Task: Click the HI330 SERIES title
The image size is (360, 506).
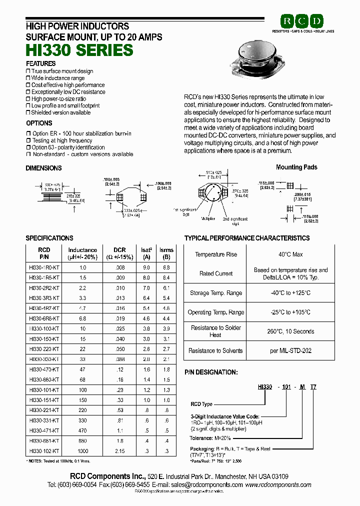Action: click(79, 50)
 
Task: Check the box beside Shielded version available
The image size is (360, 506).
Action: click(28, 113)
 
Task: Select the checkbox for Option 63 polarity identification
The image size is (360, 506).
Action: click(28, 147)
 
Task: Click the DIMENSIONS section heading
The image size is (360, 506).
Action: click(43, 168)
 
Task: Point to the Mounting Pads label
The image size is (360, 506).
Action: click(296, 167)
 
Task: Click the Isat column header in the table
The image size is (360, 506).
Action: click(146, 253)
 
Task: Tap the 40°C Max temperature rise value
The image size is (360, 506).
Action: click(290, 254)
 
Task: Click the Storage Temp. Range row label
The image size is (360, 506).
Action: click(216, 293)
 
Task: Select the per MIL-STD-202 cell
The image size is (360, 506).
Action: click(290, 351)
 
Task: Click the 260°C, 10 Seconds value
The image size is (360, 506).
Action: click(290, 331)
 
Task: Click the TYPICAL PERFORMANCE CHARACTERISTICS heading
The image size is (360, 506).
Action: click(247, 238)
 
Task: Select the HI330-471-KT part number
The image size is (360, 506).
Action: click(44, 430)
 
